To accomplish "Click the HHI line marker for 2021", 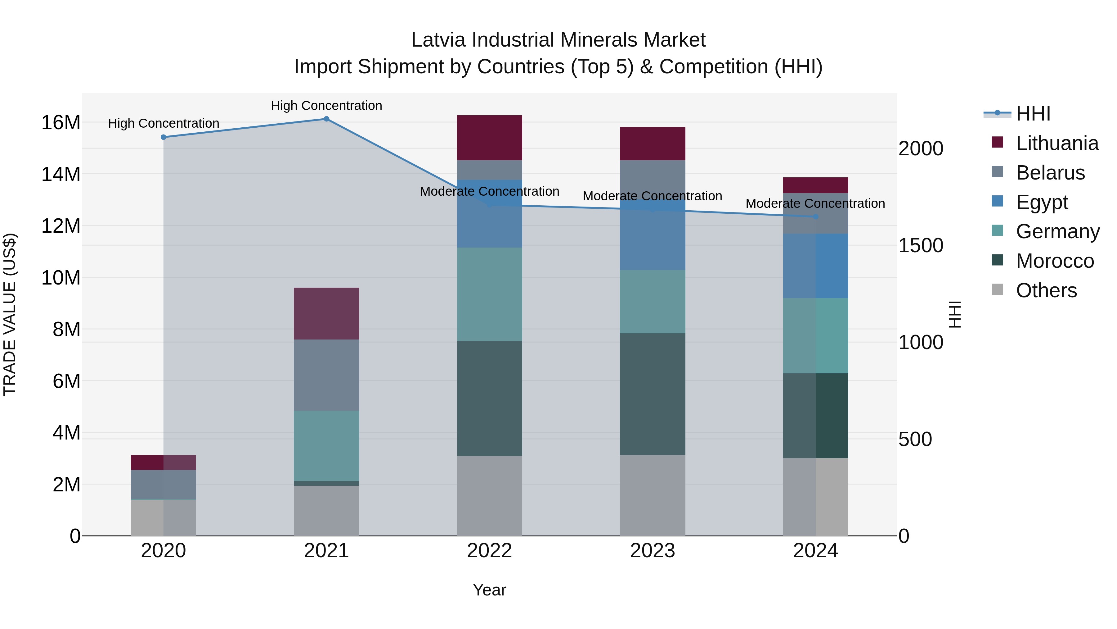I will coord(326,119).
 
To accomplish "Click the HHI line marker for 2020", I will coord(164,137).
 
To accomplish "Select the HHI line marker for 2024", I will coord(816,217).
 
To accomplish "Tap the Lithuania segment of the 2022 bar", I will coord(490,138).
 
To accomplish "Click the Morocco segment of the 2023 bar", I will coord(653,394).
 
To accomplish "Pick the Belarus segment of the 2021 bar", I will coord(326,375).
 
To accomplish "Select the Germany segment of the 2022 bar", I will coord(490,294).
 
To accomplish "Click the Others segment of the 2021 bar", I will coord(326,510).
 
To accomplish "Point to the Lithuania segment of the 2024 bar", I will coord(816,185).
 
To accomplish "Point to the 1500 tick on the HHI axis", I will coord(921,246).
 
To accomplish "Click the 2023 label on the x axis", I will coord(653,551).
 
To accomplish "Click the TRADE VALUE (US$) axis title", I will coord(10,314).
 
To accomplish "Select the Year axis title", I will coord(490,590).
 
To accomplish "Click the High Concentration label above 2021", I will coord(326,106).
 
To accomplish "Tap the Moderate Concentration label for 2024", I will coord(815,203).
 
